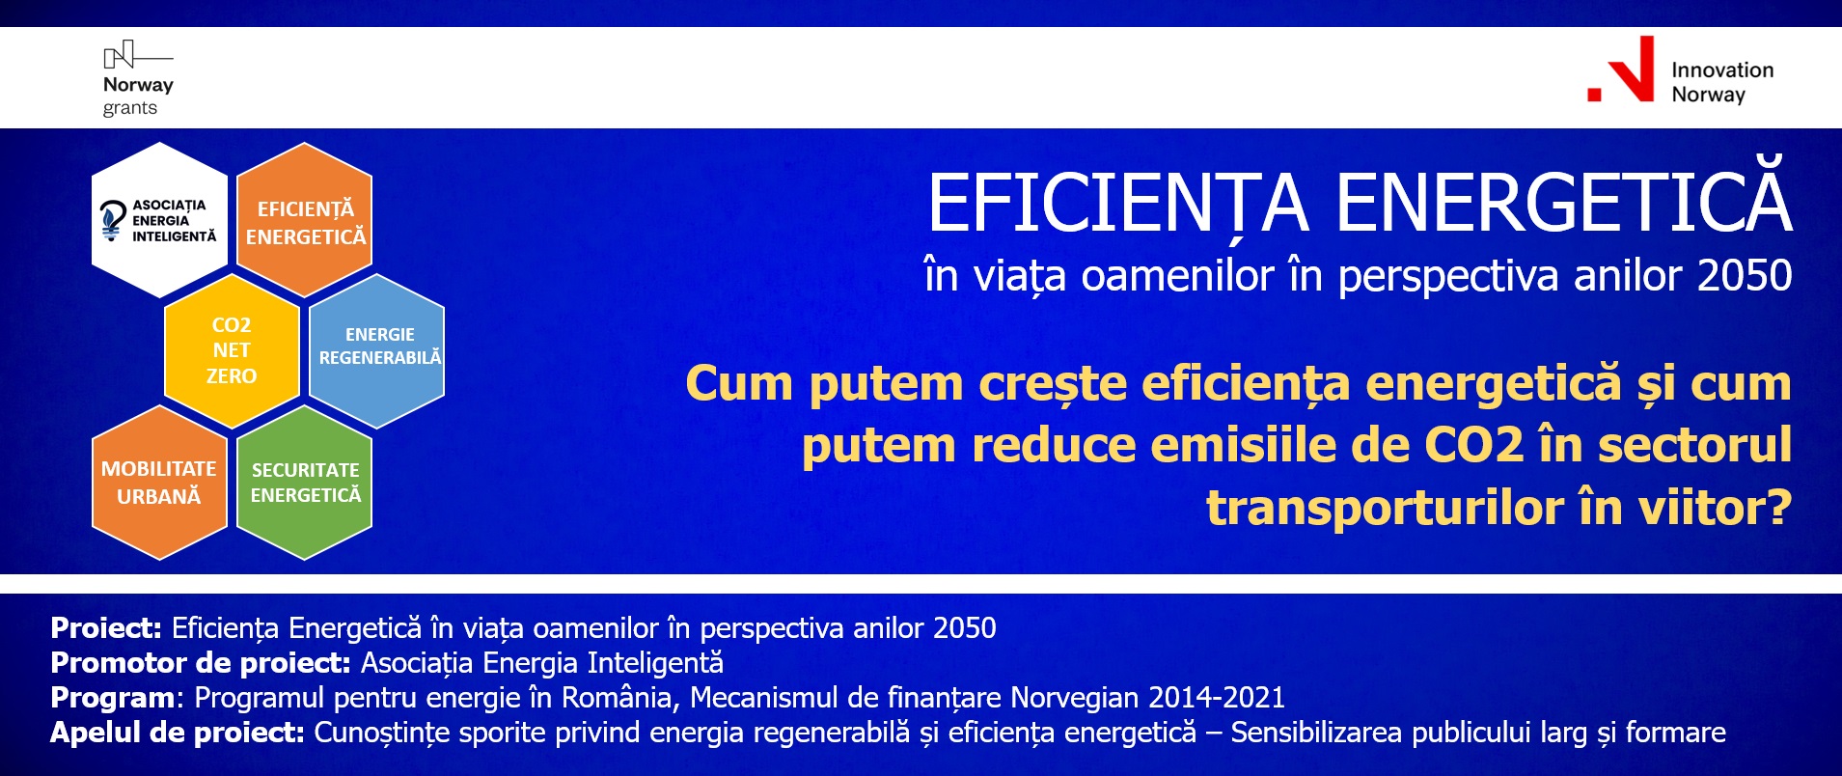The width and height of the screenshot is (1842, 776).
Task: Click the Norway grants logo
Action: (x=138, y=79)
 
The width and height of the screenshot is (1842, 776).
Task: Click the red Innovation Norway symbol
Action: (x=1621, y=69)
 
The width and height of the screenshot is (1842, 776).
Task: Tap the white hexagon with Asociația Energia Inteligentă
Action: (x=159, y=220)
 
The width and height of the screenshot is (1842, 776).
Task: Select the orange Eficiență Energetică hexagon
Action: (x=305, y=220)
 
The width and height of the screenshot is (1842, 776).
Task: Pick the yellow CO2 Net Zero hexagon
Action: (x=232, y=350)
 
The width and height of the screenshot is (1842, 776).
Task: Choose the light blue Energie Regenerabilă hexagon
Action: (x=377, y=350)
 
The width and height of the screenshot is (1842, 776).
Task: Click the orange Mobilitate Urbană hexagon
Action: (x=159, y=482)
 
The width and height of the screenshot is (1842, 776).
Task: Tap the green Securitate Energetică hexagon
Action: (x=305, y=482)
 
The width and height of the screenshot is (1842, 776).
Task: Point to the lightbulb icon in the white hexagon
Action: (x=113, y=220)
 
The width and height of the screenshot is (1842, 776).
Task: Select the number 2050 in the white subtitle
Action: (x=1745, y=276)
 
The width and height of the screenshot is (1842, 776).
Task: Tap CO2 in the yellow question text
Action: (x=1474, y=446)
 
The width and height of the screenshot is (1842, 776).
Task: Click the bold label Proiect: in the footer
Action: (x=106, y=628)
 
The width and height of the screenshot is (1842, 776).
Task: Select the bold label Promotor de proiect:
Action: (x=201, y=663)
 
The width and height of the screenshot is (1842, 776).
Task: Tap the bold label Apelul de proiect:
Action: (x=178, y=733)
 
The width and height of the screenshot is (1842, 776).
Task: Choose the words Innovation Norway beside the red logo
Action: (x=1722, y=82)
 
